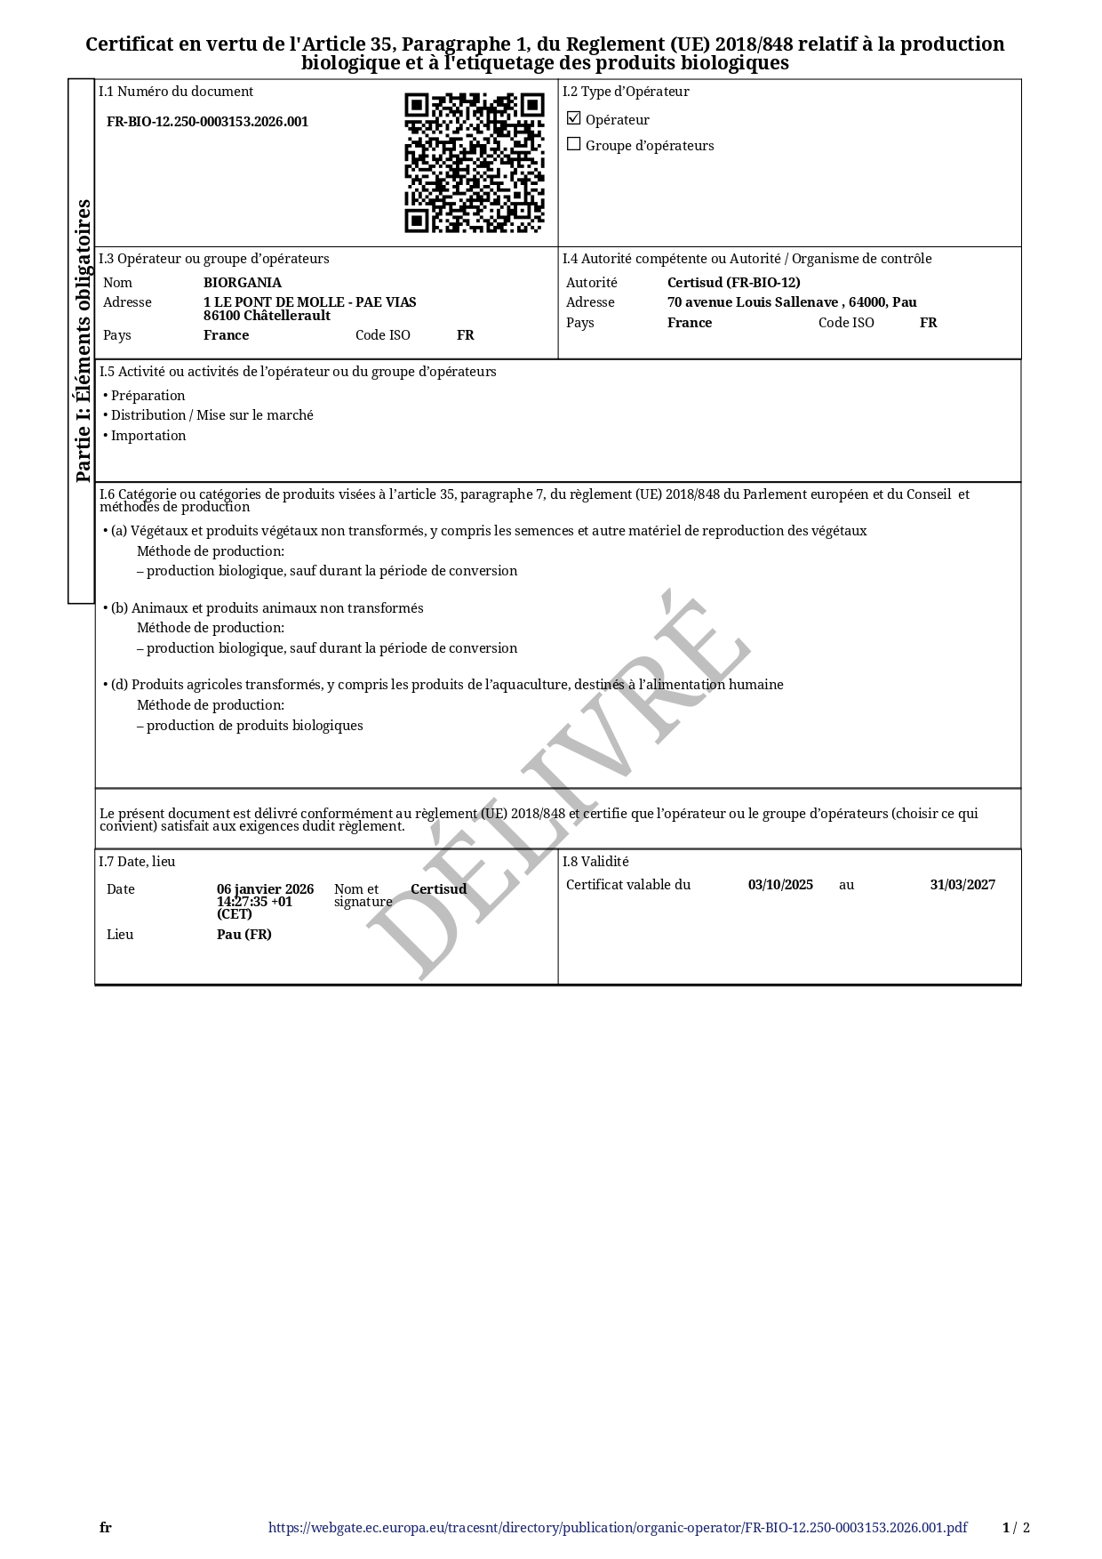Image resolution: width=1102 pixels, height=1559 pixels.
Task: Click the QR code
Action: pos(474,163)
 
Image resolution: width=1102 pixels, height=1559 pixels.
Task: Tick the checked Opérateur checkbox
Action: pos(574,118)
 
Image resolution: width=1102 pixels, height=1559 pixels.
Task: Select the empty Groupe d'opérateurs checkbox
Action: pos(574,144)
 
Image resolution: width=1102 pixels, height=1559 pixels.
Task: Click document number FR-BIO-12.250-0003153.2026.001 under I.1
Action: pos(207,122)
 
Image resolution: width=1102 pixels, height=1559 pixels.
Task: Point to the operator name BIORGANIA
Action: pos(242,283)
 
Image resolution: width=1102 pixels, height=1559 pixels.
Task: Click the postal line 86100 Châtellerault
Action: pos(267,316)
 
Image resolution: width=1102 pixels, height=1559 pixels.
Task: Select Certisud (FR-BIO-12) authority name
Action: pos(733,283)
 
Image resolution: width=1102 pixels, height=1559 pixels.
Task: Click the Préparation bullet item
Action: pos(148,396)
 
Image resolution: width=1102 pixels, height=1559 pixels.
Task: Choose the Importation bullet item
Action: pos(148,436)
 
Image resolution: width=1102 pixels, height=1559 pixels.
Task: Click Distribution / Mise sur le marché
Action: pos(212,415)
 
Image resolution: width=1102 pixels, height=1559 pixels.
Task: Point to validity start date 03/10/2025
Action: pos(780,885)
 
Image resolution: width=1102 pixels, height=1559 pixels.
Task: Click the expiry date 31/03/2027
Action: pos(962,885)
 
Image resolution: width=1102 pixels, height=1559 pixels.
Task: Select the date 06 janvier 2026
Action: pos(265,889)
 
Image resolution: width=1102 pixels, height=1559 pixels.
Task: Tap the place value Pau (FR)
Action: pos(244,935)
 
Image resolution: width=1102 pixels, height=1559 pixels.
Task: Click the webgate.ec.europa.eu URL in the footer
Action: pos(618,1528)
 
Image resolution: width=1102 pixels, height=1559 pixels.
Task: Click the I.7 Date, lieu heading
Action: pos(137,862)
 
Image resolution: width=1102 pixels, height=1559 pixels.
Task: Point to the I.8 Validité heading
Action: pos(595,862)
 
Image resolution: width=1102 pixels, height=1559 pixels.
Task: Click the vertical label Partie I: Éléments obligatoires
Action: pos(83,341)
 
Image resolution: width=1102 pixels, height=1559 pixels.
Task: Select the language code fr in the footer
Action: pos(106,1528)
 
